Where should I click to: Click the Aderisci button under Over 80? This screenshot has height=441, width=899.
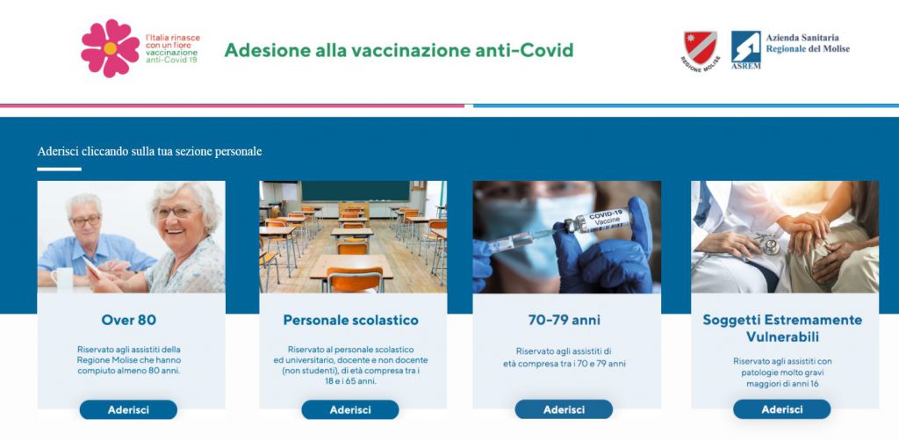tap(128, 409)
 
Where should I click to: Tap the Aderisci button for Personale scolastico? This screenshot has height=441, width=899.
tap(350, 409)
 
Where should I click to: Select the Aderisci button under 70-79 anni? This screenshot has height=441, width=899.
tap(564, 409)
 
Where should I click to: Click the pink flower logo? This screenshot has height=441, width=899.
tap(110, 48)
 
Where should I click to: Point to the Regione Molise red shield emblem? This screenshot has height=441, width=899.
tap(700, 46)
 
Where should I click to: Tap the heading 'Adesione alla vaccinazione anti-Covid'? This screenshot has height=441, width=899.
tap(399, 50)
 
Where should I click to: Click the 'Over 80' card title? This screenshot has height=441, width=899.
tap(129, 320)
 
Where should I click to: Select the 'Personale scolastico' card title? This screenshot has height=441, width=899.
tap(350, 320)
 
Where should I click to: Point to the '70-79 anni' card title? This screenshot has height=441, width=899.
tap(564, 320)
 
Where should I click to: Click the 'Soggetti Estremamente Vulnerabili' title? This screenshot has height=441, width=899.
tap(782, 328)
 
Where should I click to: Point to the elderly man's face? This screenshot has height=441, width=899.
tap(86, 218)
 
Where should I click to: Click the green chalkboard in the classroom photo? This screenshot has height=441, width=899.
tap(355, 190)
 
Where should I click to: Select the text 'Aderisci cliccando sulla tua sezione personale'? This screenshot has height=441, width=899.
tap(149, 151)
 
